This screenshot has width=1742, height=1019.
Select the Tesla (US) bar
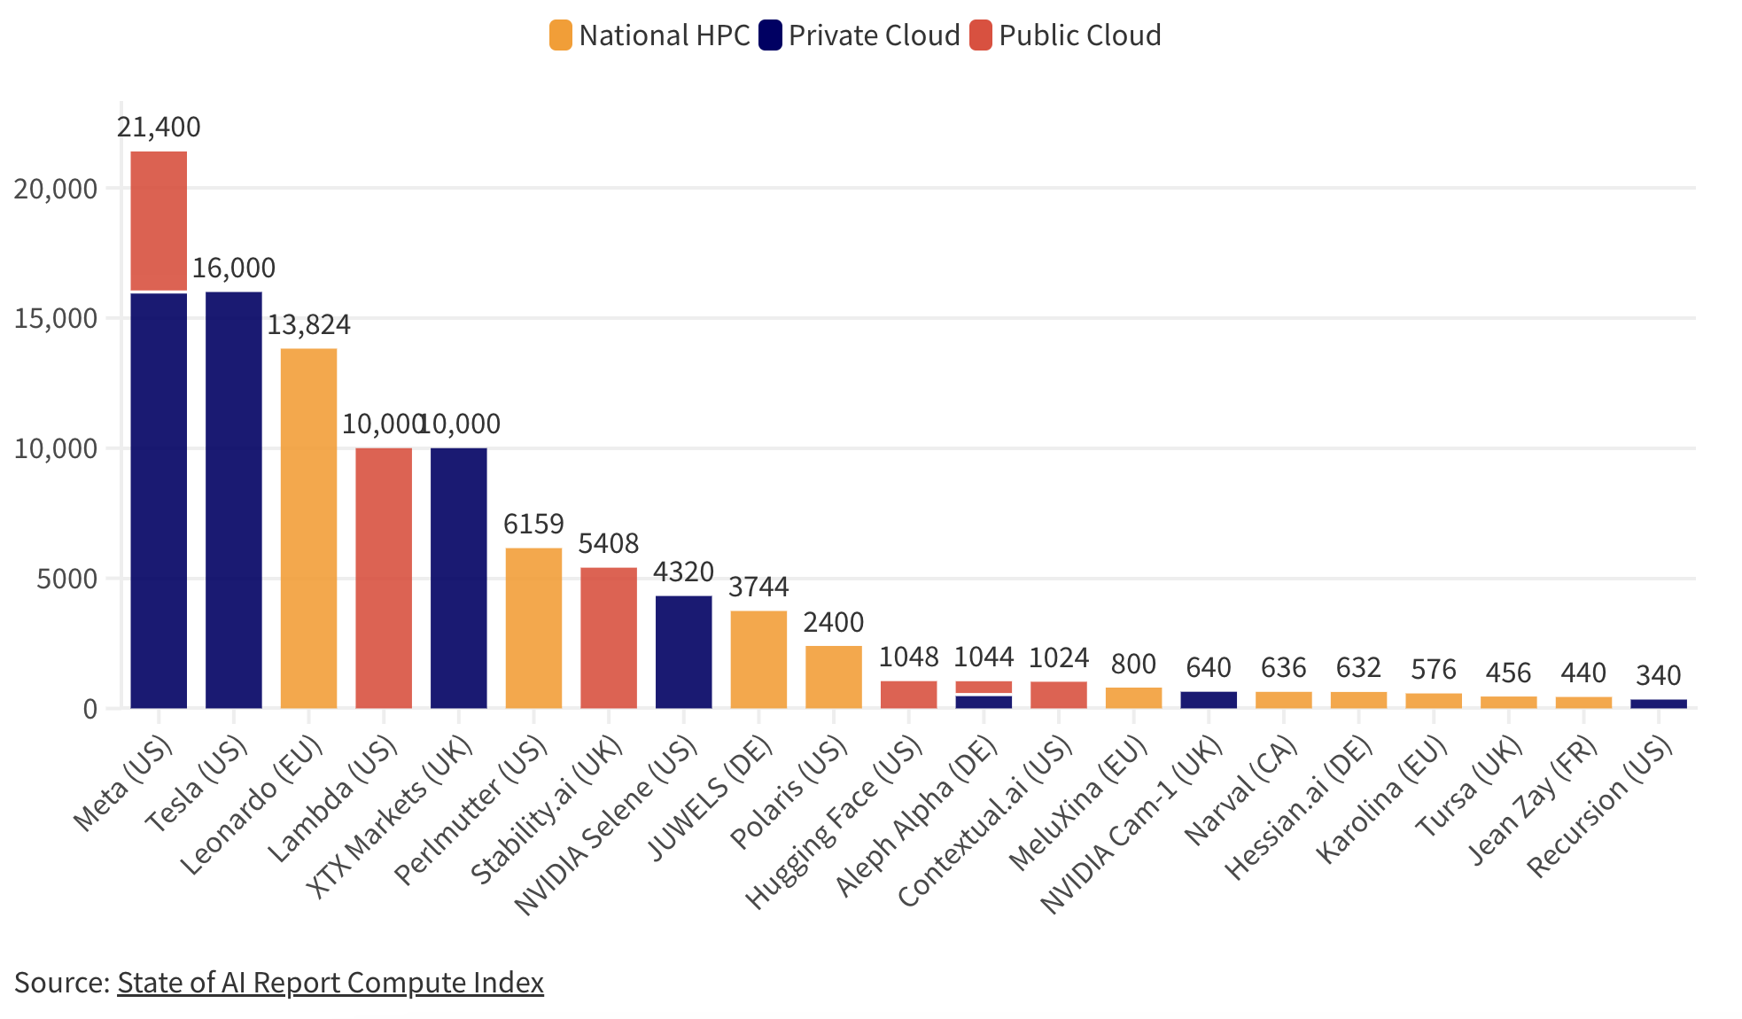(x=234, y=500)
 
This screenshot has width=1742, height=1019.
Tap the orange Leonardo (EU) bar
(x=308, y=528)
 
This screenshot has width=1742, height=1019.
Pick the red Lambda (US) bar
(x=384, y=578)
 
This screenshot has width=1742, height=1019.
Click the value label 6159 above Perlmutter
(x=533, y=525)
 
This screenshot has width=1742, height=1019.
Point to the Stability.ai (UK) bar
(x=609, y=637)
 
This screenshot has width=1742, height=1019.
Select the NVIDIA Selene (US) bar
(x=683, y=651)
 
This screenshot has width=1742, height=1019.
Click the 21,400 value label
(x=159, y=128)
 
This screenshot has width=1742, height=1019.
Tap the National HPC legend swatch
(x=560, y=35)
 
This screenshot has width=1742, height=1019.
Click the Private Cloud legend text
(x=874, y=35)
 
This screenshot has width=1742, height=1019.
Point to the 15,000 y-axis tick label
(x=55, y=319)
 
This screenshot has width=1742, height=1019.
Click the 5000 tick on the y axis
(x=67, y=580)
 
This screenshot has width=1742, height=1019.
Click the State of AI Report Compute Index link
(x=330, y=983)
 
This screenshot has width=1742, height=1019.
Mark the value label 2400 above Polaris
(x=833, y=622)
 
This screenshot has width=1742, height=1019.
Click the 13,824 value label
(x=308, y=325)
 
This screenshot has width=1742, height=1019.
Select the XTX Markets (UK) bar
(x=459, y=578)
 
